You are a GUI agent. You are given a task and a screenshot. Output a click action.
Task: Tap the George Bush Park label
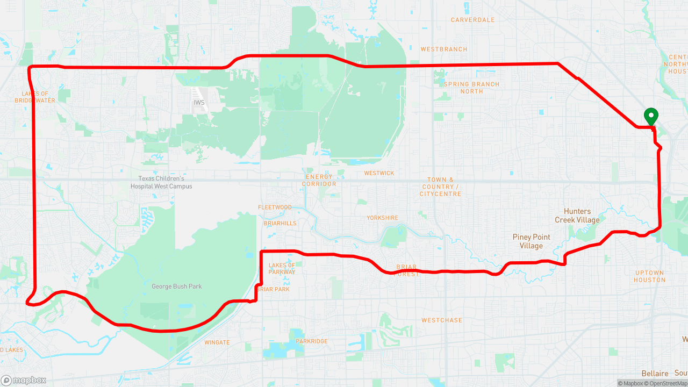pos(177,286)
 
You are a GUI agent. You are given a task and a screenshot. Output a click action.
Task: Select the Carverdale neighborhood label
pos(472,20)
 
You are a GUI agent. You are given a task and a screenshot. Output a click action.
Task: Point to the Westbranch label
pos(444,49)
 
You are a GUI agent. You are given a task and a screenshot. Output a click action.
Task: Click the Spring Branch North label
pos(471,88)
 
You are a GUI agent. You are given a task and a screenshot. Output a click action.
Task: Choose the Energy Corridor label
pos(319,180)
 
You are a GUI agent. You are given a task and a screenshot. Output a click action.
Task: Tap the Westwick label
pos(379,173)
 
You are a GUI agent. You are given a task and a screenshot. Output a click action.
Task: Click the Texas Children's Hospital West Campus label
pos(161,182)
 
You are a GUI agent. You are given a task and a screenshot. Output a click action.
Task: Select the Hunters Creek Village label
pos(577,216)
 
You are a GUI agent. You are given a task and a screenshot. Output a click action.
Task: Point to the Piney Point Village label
pos(532,241)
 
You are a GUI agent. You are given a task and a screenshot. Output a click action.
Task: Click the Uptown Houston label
pos(649,276)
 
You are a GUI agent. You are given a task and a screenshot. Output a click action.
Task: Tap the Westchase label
pos(442,320)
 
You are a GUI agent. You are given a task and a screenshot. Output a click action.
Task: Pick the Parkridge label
pos(312,341)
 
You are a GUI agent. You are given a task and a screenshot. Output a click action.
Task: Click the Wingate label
pos(217,342)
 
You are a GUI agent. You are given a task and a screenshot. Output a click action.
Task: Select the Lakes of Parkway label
pos(282,268)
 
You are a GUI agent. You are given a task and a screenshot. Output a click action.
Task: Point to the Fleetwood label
pos(275,207)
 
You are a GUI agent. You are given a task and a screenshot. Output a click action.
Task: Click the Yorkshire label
pos(382,218)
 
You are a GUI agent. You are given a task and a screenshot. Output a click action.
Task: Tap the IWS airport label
pos(199,102)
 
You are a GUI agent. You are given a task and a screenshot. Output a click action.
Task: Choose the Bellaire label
pos(655,374)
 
